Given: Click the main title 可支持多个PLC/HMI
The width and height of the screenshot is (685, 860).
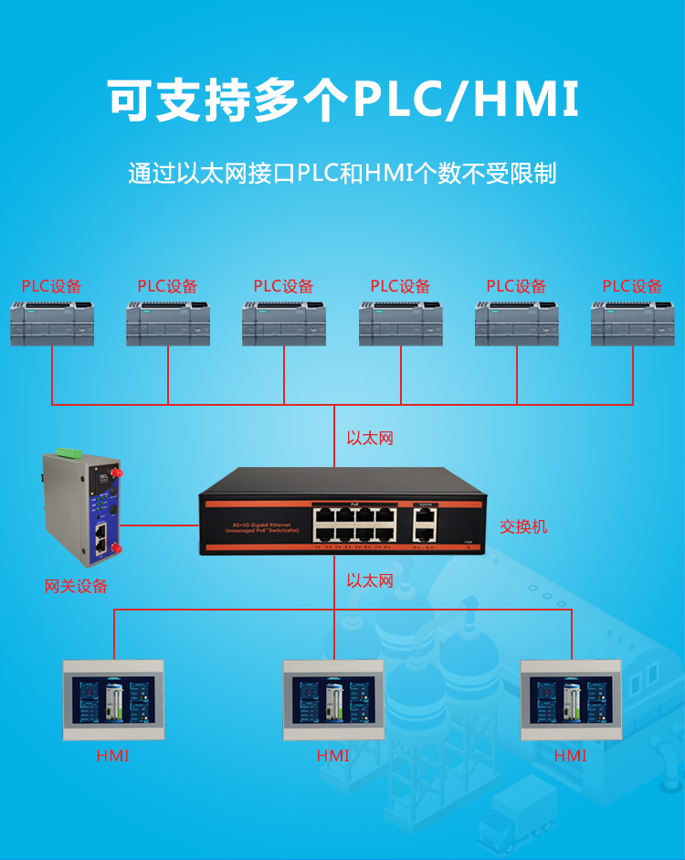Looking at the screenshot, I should pos(342,101).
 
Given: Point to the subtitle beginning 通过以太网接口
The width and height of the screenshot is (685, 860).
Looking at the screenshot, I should pos(342,173).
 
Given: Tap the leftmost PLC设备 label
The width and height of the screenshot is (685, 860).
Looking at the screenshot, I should pos(52,286).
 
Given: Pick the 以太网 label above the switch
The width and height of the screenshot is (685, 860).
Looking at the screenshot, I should pos(370,439).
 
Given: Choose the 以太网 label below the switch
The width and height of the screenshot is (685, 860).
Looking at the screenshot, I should pos(370,580).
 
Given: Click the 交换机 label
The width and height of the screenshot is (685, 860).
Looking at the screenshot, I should pos(523,527).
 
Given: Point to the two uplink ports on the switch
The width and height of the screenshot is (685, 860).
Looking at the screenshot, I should pos(424,525).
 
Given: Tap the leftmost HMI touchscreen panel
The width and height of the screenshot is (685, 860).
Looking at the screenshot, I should pos(112,700).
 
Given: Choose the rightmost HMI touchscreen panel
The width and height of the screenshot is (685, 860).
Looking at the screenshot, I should pos(571,700).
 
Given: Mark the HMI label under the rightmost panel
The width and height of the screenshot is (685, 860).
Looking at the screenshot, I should pos(571,756).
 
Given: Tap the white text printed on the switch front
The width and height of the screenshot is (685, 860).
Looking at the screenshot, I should pos(256,527).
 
